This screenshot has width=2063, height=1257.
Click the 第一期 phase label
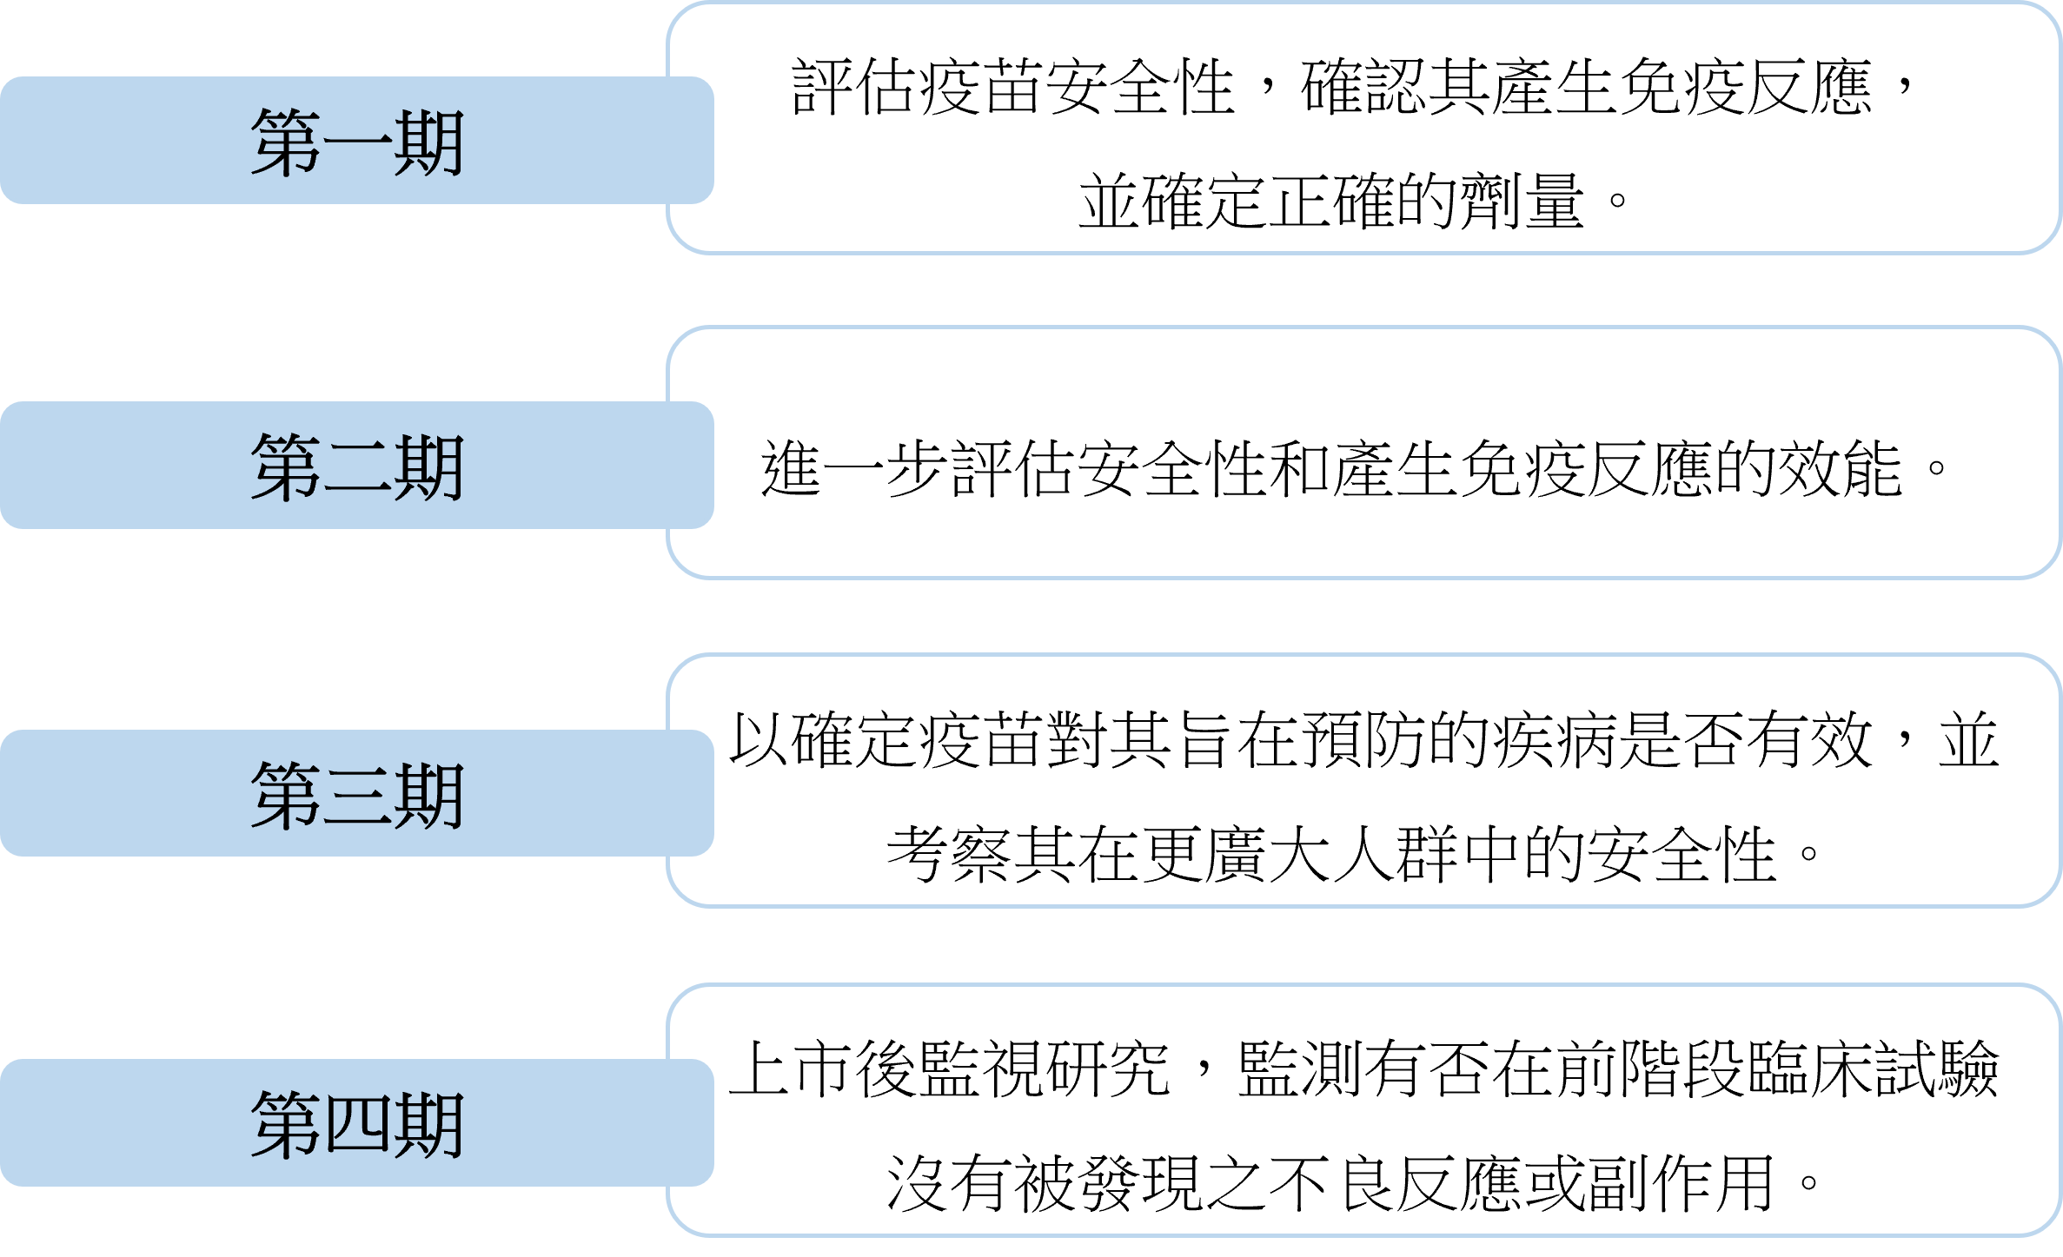(x=357, y=142)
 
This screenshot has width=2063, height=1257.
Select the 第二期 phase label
(x=357, y=467)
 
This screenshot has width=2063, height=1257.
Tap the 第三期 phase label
(x=357, y=795)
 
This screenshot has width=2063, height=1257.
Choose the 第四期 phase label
(x=357, y=1124)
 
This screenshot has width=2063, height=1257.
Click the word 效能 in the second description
(x=1841, y=468)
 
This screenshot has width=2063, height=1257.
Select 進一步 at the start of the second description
(x=855, y=468)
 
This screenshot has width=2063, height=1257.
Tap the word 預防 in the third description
(x=1363, y=740)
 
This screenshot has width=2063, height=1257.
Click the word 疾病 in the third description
(x=1555, y=740)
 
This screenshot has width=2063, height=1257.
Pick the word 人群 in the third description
(x=1395, y=854)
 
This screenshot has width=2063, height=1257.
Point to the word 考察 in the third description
(x=950, y=854)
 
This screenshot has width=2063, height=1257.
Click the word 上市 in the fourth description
(x=792, y=1068)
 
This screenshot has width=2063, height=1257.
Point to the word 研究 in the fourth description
(x=1109, y=1068)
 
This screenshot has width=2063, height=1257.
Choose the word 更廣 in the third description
(x=1204, y=854)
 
